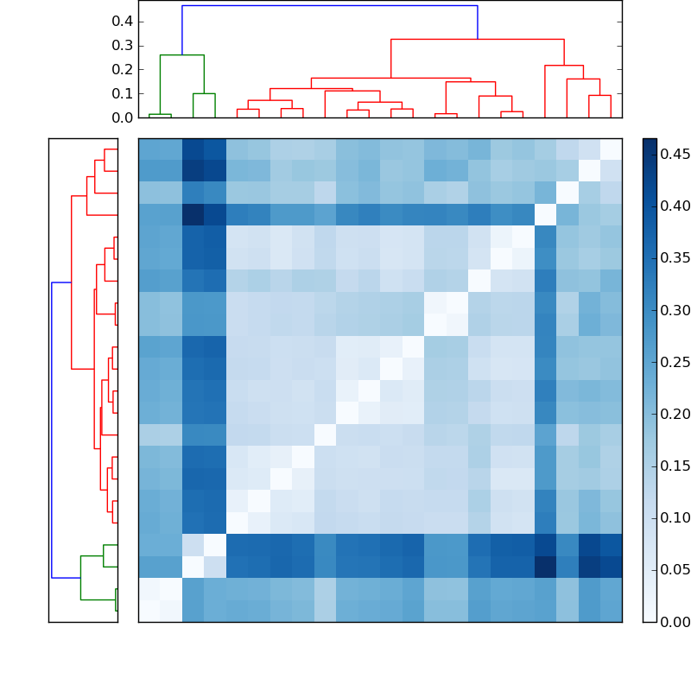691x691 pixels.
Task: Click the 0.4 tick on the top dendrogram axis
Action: coord(121,21)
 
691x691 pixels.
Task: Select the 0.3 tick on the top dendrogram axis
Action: coord(121,45)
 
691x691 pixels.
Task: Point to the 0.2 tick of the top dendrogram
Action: coord(121,69)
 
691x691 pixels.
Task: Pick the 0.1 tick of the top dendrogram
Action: coord(121,93)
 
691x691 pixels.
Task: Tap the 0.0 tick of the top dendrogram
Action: coord(121,117)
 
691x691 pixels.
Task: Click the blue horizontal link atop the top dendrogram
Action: coord(328,6)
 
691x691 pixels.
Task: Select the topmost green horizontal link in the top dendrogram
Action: coord(181,55)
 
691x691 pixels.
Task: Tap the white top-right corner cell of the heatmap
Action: coord(611,149)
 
